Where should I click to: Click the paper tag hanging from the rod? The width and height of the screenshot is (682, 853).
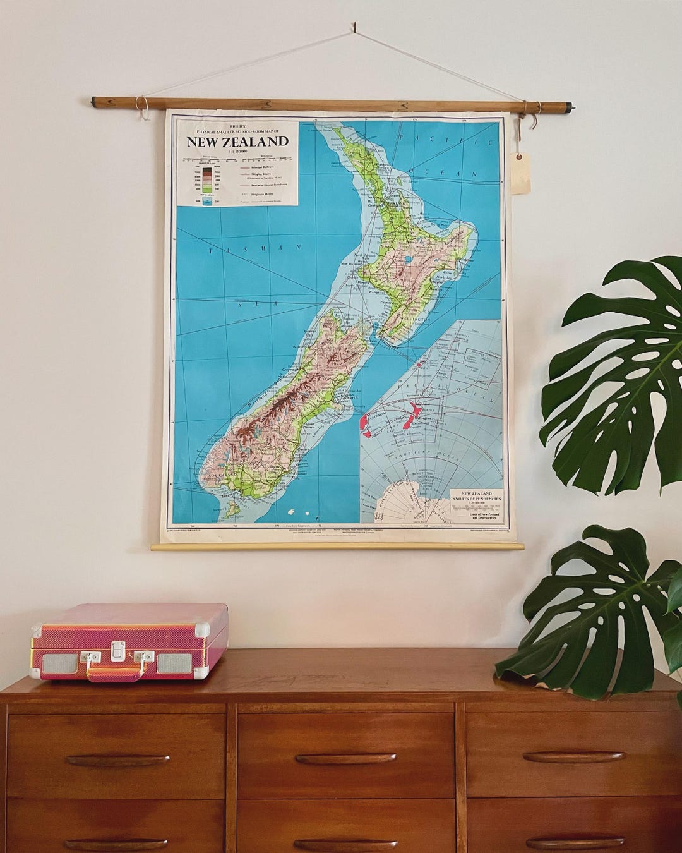point(520,172)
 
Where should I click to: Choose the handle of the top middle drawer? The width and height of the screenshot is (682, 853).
point(345,758)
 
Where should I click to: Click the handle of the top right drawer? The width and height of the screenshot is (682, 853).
point(574,756)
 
